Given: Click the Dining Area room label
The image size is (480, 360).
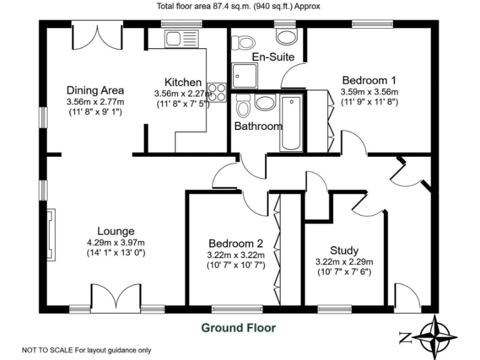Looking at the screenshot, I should pos(95,90).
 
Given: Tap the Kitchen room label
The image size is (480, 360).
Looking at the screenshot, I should pos(182,82).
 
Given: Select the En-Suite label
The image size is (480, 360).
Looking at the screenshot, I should pos(272,57).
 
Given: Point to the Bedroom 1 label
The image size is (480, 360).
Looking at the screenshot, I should pos(369,80).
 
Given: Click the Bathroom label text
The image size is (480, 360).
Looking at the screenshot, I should pos(257,126).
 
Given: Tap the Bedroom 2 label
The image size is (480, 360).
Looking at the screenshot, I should pos(236,244).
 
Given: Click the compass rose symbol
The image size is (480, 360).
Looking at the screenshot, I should pos(435,336).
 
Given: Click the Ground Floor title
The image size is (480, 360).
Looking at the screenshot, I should pos(237,327).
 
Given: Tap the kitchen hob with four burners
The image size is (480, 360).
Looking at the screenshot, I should pos(217,92).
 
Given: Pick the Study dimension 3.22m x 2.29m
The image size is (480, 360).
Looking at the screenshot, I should pos(344,262).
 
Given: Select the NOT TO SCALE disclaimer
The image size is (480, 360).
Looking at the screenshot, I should pos(86,350).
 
